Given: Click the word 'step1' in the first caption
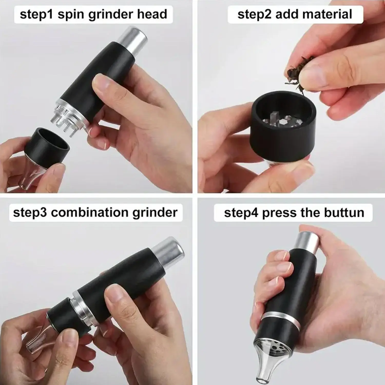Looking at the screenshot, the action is point(36,14).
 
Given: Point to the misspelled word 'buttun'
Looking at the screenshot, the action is point(344,213).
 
